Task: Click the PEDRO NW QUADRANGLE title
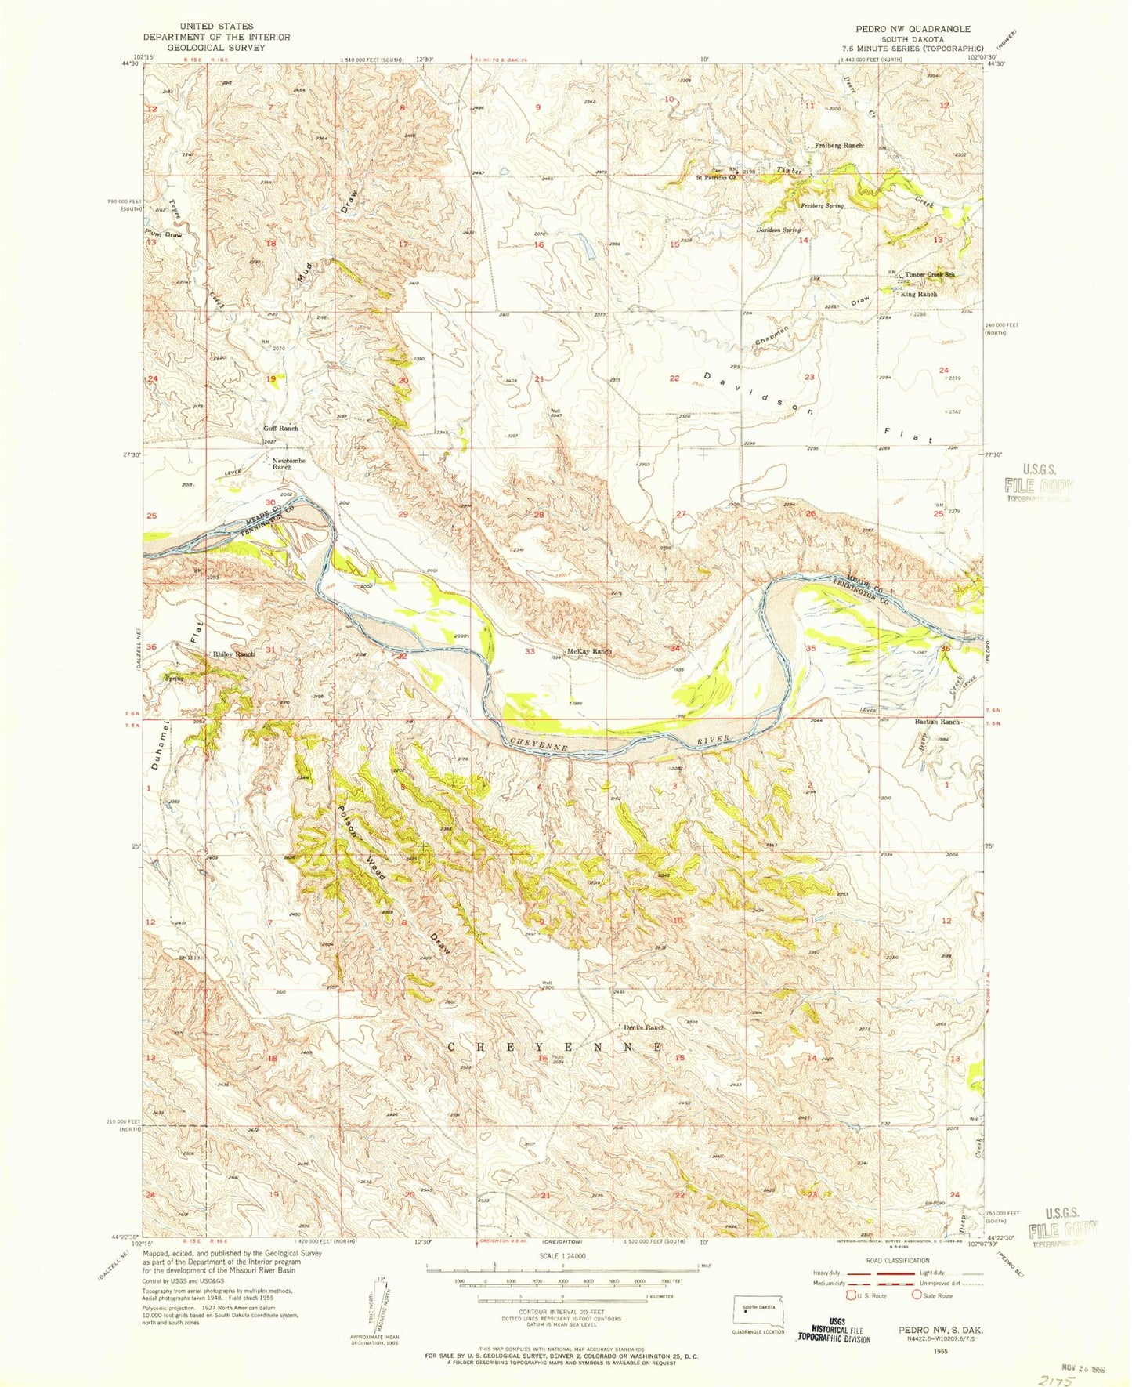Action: point(913,29)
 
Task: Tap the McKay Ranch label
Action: point(589,651)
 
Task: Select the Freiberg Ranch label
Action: point(839,146)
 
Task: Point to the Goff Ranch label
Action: point(280,429)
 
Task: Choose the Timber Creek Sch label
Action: point(931,275)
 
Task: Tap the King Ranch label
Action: point(919,294)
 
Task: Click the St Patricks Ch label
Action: point(718,177)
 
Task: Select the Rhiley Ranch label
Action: point(234,654)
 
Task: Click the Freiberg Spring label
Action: point(821,206)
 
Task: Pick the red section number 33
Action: point(530,651)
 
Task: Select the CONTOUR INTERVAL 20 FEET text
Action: point(562,1311)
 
